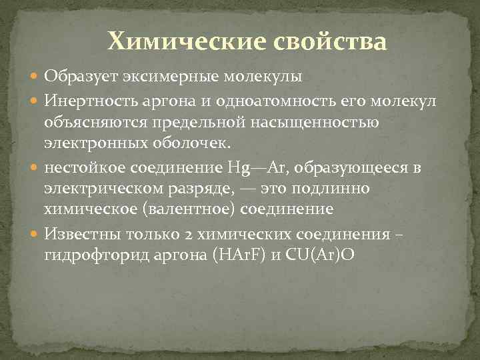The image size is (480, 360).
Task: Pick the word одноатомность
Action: point(255,100)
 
